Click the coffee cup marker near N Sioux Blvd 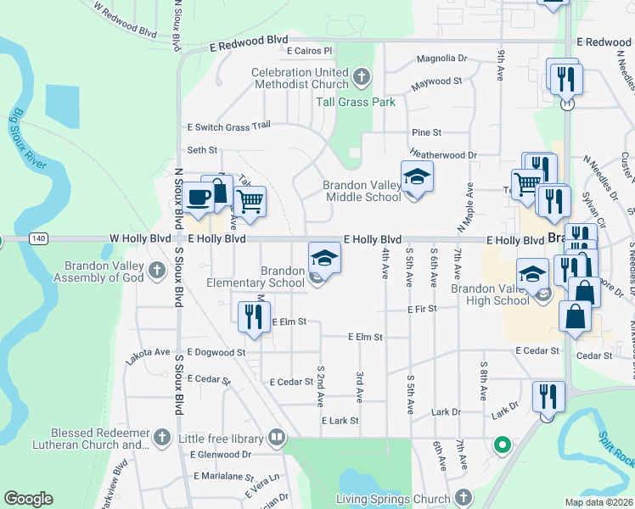coord(199,197)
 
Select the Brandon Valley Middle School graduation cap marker coord(417,176)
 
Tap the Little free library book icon coord(276,439)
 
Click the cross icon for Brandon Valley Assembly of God coord(156,271)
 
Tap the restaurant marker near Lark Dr coord(548,396)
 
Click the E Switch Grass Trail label coord(228,126)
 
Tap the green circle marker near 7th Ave coord(502,444)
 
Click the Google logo coord(28,499)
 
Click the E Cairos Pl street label coord(308,51)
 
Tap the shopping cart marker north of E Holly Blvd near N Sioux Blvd coord(250,201)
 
